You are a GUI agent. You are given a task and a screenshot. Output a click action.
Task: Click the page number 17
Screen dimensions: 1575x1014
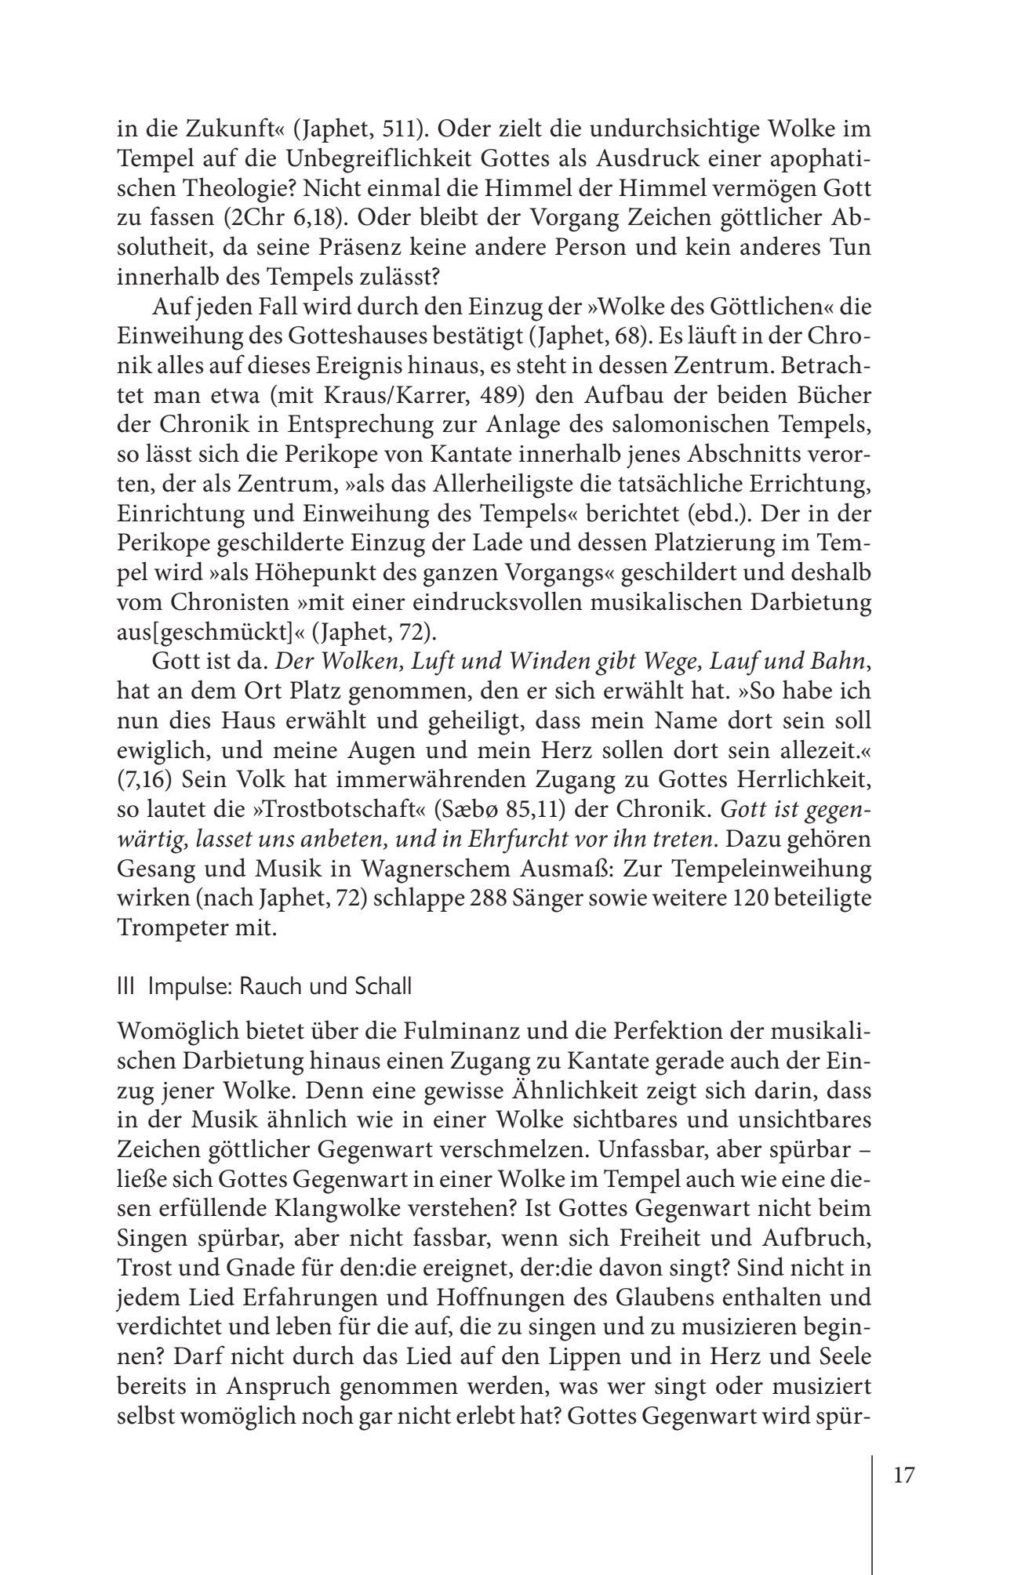tap(903, 1475)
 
